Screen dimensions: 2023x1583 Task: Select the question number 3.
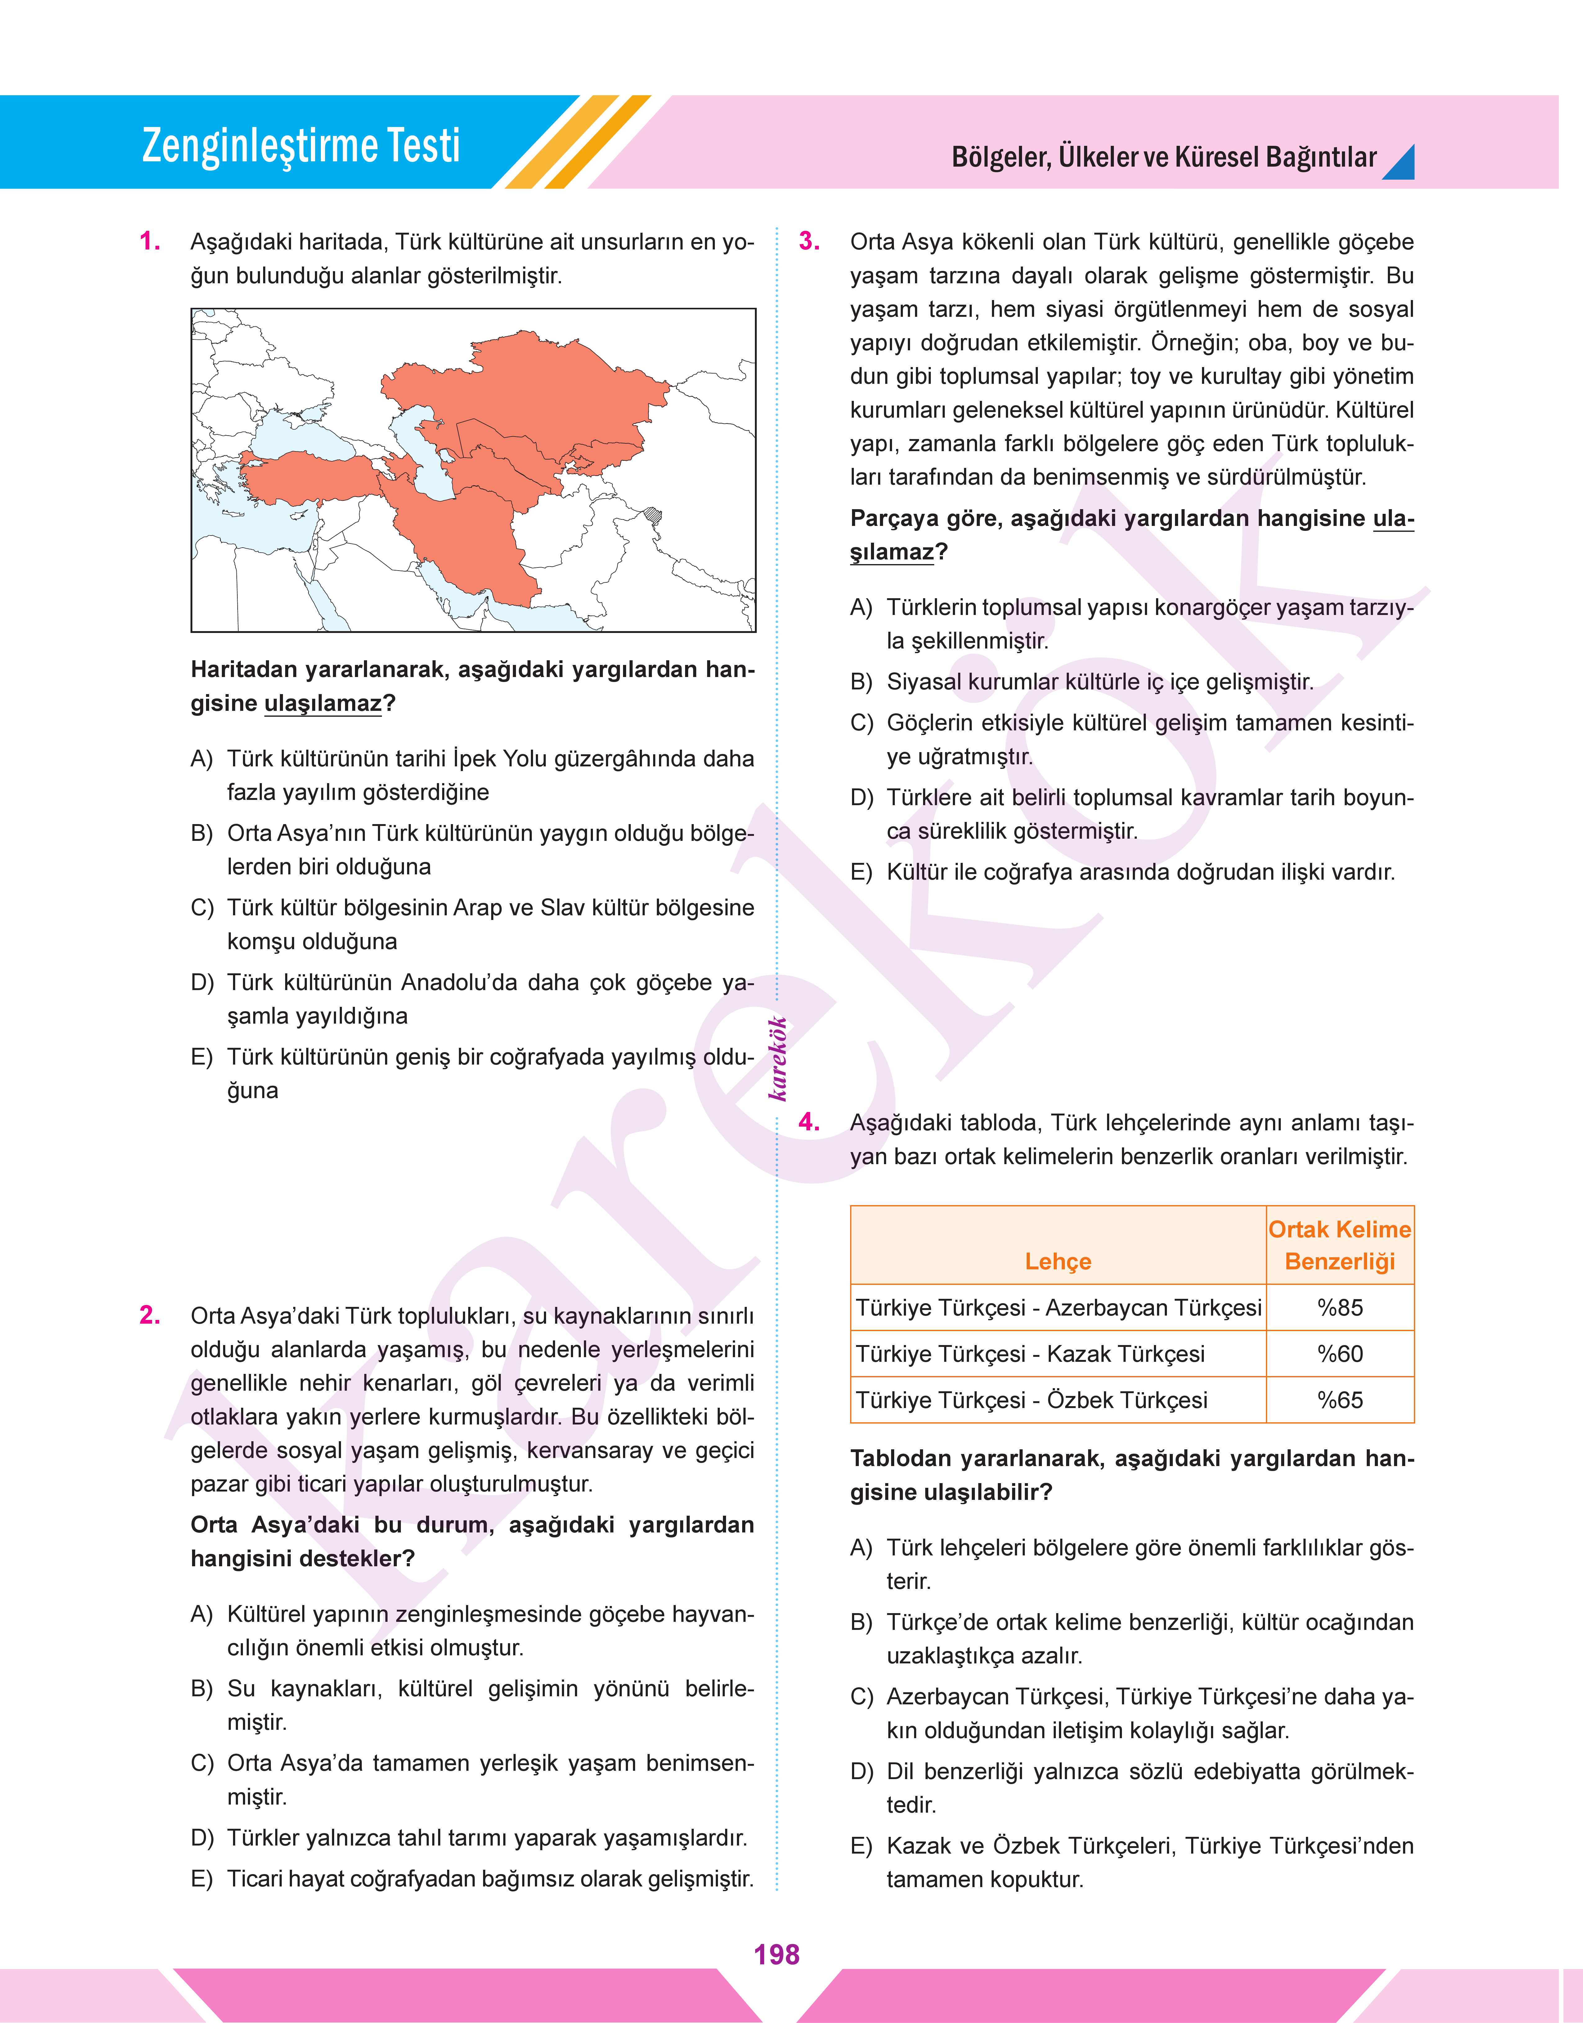click(x=809, y=242)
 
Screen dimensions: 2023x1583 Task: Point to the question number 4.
click(x=809, y=1122)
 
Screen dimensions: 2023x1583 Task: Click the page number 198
click(x=777, y=1954)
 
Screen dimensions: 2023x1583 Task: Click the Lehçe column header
click(x=1057, y=1261)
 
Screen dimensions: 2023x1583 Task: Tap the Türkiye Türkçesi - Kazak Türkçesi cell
click(x=1030, y=1354)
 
